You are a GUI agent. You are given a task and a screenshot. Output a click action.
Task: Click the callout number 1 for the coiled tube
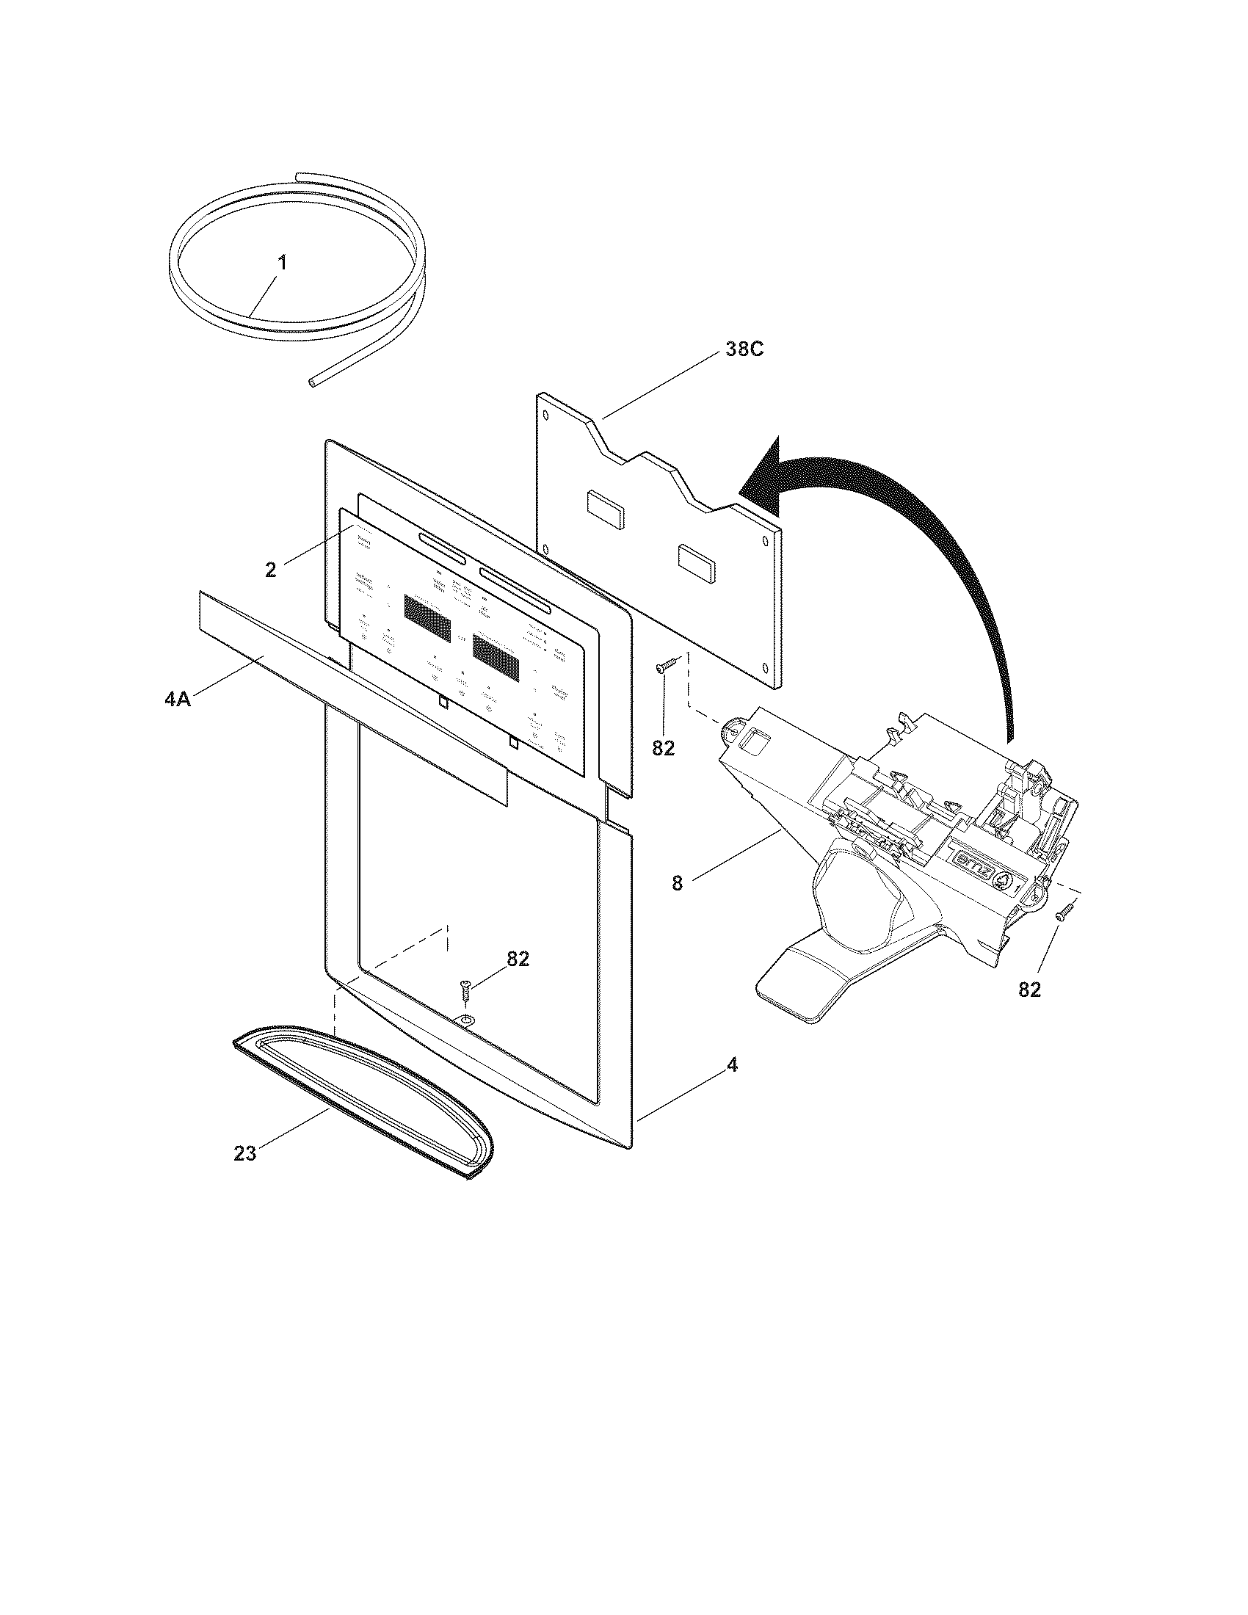283,264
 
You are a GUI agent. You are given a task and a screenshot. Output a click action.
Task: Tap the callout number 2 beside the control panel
271,570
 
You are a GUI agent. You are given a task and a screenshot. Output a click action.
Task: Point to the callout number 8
678,883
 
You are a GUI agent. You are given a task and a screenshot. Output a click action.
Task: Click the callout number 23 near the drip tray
244,1153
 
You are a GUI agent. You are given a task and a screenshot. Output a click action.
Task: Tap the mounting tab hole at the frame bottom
466,1020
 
